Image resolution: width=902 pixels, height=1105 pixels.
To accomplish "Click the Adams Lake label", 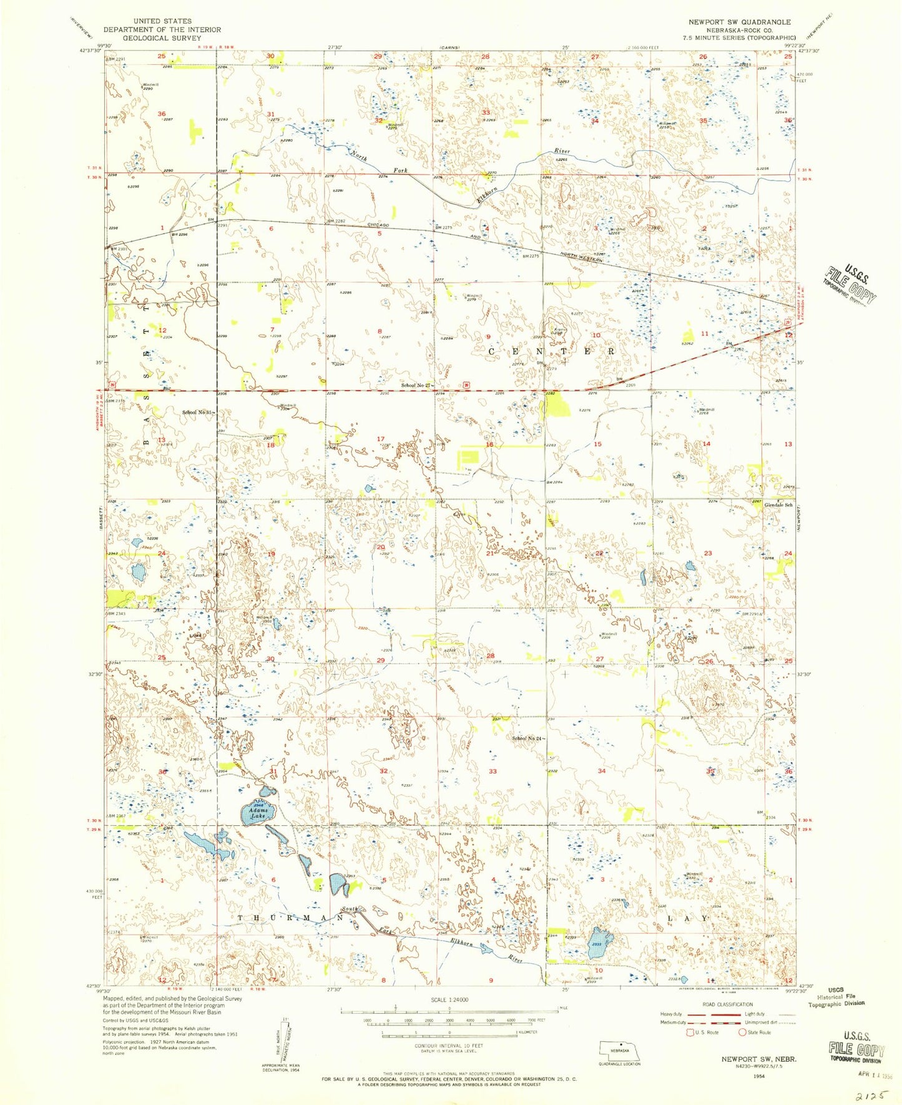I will pyautogui.click(x=258, y=813).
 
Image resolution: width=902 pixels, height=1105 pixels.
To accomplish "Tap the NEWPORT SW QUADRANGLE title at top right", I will pyautogui.click(x=739, y=22).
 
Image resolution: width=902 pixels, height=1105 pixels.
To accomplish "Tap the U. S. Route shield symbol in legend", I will pyautogui.click(x=690, y=1032).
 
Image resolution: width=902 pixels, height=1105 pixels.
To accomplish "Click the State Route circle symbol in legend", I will pyautogui.click(x=743, y=1032).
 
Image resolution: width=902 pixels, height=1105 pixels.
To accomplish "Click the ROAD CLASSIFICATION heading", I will pyautogui.click(x=727, y=1004).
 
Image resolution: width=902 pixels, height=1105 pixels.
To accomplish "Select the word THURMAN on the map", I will pyautogui.click(x=290, y=918).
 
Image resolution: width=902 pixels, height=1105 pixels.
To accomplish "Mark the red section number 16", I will pyautogui.click(x=490, y=444).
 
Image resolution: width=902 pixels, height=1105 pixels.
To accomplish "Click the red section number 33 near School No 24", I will pyautogui.click(x=493, y=771).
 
